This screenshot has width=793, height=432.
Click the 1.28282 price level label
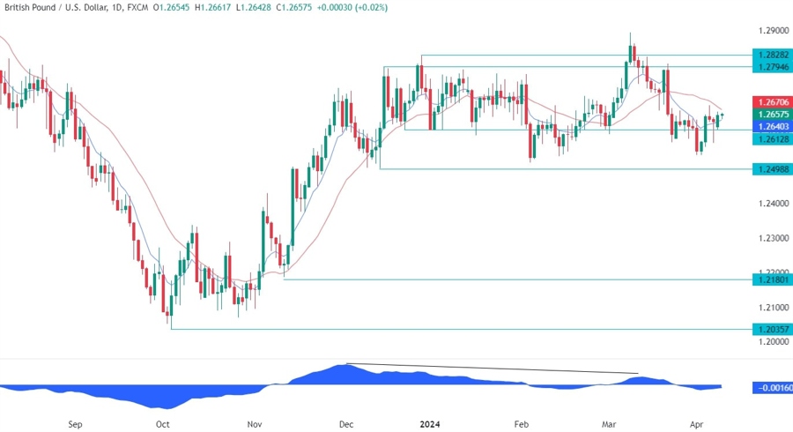772,54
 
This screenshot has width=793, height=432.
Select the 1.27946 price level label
772,66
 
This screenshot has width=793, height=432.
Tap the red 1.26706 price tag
772,102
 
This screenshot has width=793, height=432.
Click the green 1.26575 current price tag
772,115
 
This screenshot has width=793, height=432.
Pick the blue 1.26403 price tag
772,127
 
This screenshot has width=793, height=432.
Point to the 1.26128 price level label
772,139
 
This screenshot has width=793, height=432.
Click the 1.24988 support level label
772,168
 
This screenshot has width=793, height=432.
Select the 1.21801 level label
772,279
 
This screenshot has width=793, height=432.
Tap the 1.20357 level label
772,329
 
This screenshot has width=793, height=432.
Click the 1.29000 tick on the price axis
772,31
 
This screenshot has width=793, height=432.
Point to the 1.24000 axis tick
772,204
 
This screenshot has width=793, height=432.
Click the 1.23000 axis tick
772,238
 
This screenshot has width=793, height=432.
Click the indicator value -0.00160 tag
772,387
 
